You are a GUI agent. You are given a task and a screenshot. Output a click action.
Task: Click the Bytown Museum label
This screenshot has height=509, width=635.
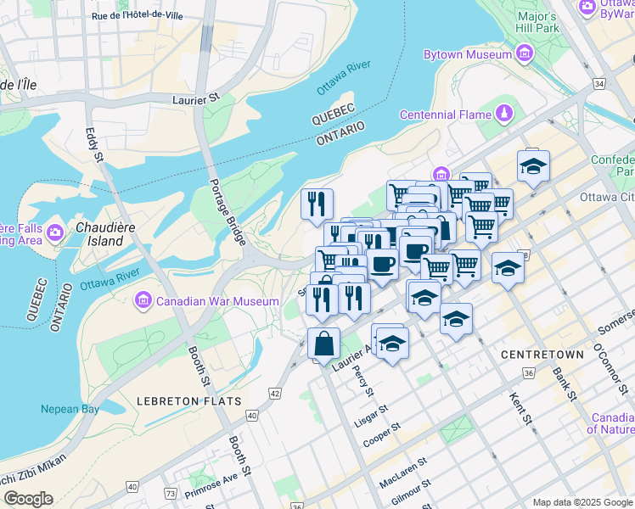tap(468, 54)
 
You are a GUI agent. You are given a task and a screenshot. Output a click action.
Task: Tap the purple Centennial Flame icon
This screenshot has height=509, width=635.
tap(506, 114)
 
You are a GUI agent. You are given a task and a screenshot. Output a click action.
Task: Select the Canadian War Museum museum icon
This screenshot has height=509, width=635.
tap(142, 300)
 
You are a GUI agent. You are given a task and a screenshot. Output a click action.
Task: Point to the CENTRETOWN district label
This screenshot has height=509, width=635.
tap(542, 354)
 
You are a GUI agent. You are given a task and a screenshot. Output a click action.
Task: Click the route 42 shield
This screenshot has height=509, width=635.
tap(275, 394)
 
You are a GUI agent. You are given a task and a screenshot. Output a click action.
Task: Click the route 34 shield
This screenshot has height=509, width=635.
tap(599, 83)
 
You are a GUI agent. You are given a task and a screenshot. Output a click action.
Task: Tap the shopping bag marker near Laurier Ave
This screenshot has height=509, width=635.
tap(323, 344)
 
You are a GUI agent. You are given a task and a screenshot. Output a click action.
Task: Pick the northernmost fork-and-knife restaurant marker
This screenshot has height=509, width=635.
tap(317, 203)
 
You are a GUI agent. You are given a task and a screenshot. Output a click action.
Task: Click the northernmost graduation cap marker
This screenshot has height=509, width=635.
tap(533, 165)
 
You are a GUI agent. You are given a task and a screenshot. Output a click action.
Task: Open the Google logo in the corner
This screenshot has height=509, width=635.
tap(28, 498)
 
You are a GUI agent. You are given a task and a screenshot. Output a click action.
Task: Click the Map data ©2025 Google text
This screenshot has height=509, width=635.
tap(582, 502)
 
